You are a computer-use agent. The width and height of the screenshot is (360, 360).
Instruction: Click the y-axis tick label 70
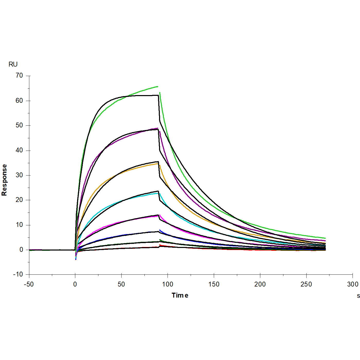tap(19, 76)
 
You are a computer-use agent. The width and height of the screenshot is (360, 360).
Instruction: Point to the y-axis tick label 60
tap(19, 101)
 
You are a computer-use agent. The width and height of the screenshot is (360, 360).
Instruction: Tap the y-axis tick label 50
tap(19, 125)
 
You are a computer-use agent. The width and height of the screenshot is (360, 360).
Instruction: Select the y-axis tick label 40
tap(19, 150)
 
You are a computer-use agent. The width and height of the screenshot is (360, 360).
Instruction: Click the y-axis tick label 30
tap(19, 175)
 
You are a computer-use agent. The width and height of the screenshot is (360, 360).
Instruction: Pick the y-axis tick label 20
tap(19, 200)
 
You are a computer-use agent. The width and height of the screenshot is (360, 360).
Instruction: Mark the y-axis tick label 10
tap(19, 225)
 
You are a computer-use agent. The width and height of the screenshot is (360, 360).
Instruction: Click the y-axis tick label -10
tap(18, 274)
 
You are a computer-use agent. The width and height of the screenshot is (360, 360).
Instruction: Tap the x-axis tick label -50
tap(29, 284)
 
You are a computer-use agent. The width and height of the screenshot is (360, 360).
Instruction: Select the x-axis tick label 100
tap(168, 284)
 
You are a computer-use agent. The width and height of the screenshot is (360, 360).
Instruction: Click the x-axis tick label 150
tap(214, 284)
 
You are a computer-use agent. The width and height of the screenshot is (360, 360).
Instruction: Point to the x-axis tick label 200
tap(260, 284)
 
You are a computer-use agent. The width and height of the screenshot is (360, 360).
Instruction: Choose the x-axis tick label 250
tap(306, 284)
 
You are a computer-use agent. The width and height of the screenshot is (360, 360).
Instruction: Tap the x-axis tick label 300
tap(353, 284)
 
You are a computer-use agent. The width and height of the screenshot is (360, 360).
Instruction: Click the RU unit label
tap(13, 64)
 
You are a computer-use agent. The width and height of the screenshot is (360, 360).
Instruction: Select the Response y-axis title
tap(4, 180)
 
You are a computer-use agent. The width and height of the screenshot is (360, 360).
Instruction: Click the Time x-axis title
tap(180, 296)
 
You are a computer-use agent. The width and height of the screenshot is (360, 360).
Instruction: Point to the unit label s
tap(358, 296)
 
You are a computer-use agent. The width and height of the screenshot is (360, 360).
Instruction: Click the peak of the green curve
tap(158, 87)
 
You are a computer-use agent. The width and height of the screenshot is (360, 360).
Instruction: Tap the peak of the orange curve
tap(158, 163)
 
